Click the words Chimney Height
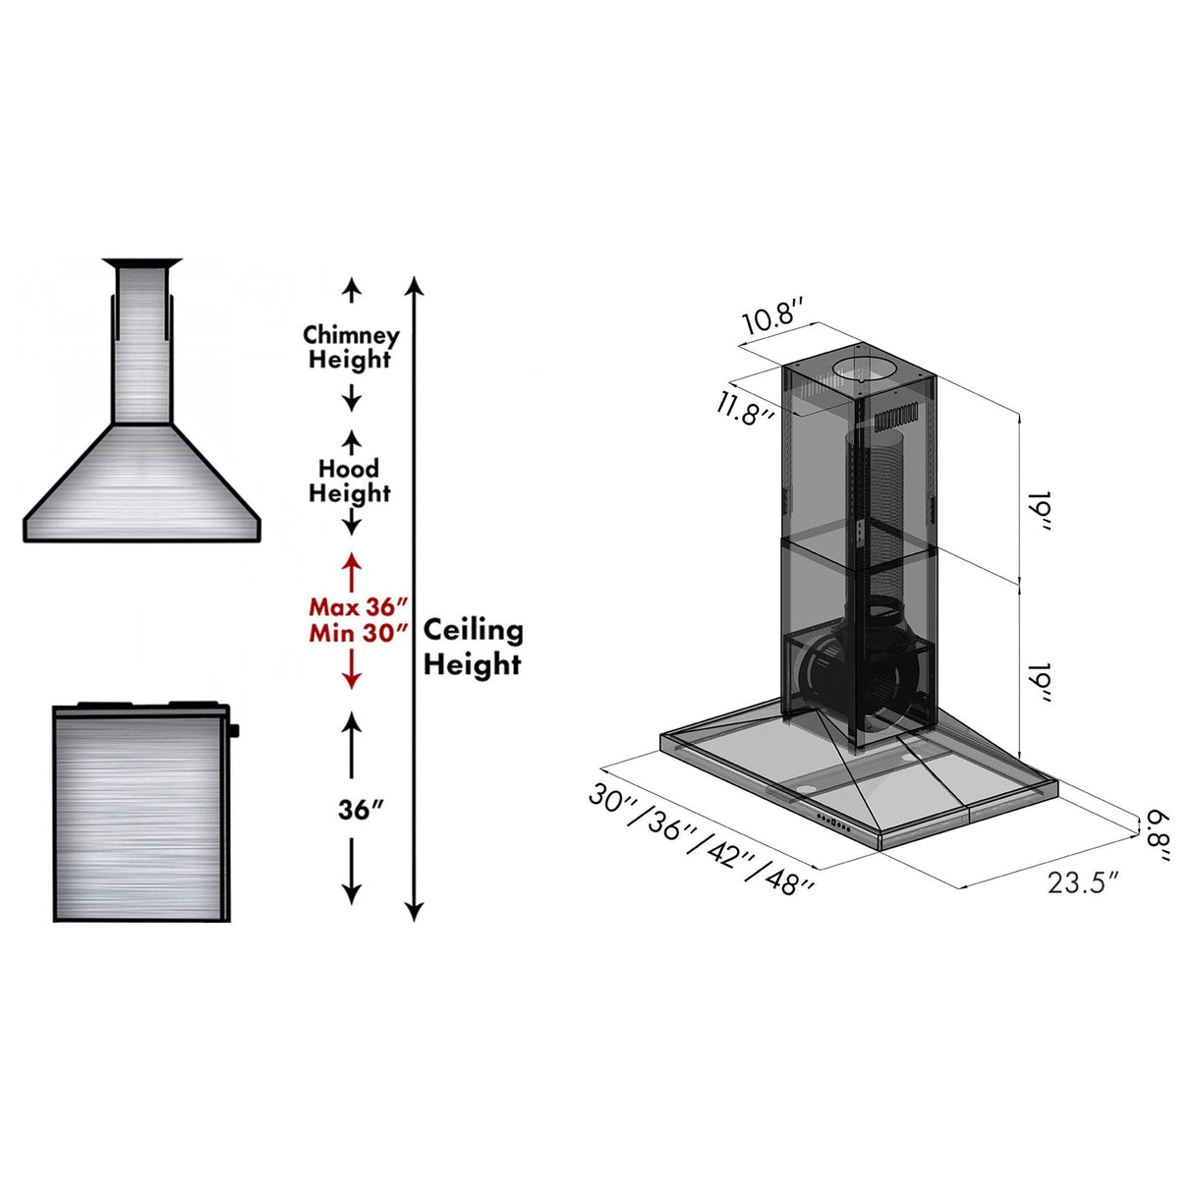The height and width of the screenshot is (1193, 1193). (x=351, y=347)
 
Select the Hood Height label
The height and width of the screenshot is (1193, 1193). (x=350, y=481)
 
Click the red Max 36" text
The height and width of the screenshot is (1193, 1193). (x=358, y=606)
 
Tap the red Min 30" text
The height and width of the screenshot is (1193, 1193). (x=358, y=632)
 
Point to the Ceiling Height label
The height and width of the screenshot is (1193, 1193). (x=473, y=647)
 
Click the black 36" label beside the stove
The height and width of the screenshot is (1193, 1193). (x=359, y=809)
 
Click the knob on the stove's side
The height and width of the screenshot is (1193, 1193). (x=235, y=729)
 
